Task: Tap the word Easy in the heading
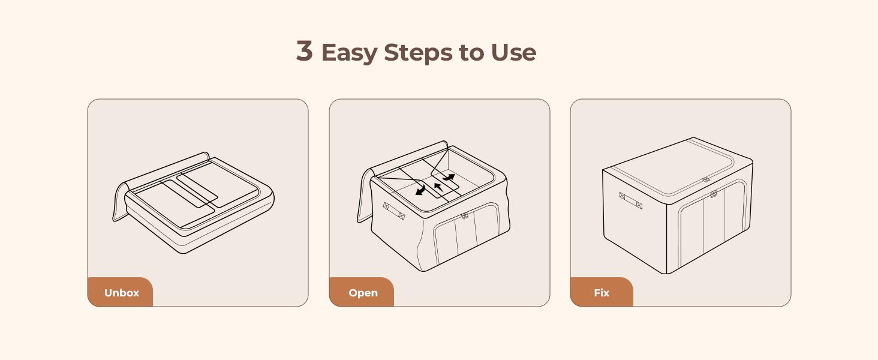click(x=349, y=53)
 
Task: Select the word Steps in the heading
click(x=418, y=53)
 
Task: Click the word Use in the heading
click(x=513, y=52)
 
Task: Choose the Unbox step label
click(x=122, y=293)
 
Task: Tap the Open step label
click(x=363, y=293)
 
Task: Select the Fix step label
click(x=602, y=293)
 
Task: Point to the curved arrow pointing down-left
click(x=420, y=190)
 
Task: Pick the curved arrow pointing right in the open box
click(x=449, y=177)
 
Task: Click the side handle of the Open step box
click(x=393, y=211)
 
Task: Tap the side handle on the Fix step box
click(x=631, y=200)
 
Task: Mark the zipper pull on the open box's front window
click(x=465, y=215)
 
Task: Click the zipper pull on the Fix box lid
click(x=706, y=179)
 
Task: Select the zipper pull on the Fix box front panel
click(x=714, y=194)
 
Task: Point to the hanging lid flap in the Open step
click(x=365, y=196)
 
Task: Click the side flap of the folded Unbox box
click(x=119, y=202)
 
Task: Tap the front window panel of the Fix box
click(x=712, y=224)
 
